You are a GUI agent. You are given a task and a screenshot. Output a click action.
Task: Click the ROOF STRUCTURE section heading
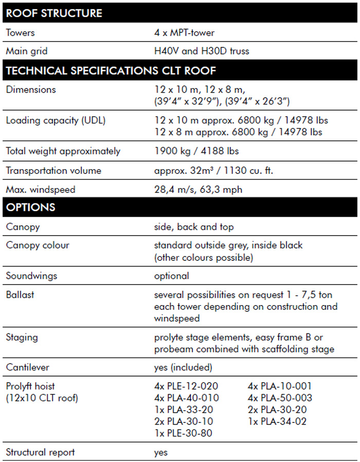tap(54, 13)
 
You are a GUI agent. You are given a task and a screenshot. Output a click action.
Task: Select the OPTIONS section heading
tap(31, 208)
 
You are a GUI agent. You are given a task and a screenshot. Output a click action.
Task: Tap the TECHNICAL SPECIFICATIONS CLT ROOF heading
tap(111, 70)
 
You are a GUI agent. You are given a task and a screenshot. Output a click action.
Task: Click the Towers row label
tap(21, 33)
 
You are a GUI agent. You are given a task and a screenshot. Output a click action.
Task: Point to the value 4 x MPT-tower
tap(184, 33)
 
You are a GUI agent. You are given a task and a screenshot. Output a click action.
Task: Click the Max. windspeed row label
tap(41, 189)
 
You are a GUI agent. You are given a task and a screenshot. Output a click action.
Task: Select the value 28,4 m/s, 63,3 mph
tap(198, 189)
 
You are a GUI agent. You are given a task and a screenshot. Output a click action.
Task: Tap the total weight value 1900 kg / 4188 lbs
tap(196, 151)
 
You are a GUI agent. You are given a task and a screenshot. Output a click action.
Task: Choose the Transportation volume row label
tap(53, 170)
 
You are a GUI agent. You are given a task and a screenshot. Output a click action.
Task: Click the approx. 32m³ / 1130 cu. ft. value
tap(213, 170)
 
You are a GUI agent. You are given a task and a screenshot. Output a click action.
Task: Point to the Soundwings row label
tap(31, 276)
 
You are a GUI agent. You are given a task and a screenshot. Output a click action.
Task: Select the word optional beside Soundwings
tap(171, 276)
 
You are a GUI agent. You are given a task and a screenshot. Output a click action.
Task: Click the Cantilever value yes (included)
tap(183, 367)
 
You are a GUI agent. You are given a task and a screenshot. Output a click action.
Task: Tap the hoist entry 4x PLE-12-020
tap(186, 386)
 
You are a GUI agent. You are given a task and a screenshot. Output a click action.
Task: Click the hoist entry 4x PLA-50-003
tap(280, 398)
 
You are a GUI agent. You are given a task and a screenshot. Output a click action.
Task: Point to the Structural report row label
tap(40, 452)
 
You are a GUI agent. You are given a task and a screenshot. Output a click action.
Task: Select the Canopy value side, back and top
tap(194, 227)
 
